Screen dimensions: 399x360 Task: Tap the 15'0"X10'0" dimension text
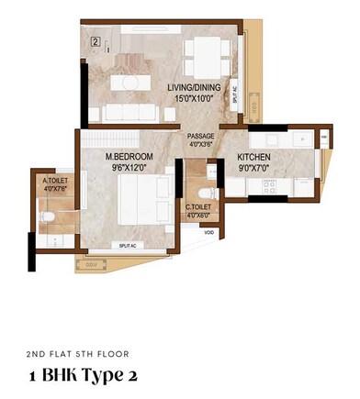191,97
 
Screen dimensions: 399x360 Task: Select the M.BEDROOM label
129,158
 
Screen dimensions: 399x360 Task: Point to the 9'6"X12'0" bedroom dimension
129,168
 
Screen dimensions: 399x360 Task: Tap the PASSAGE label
201,136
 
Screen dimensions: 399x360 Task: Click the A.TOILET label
53,182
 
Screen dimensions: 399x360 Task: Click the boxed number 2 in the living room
95,41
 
